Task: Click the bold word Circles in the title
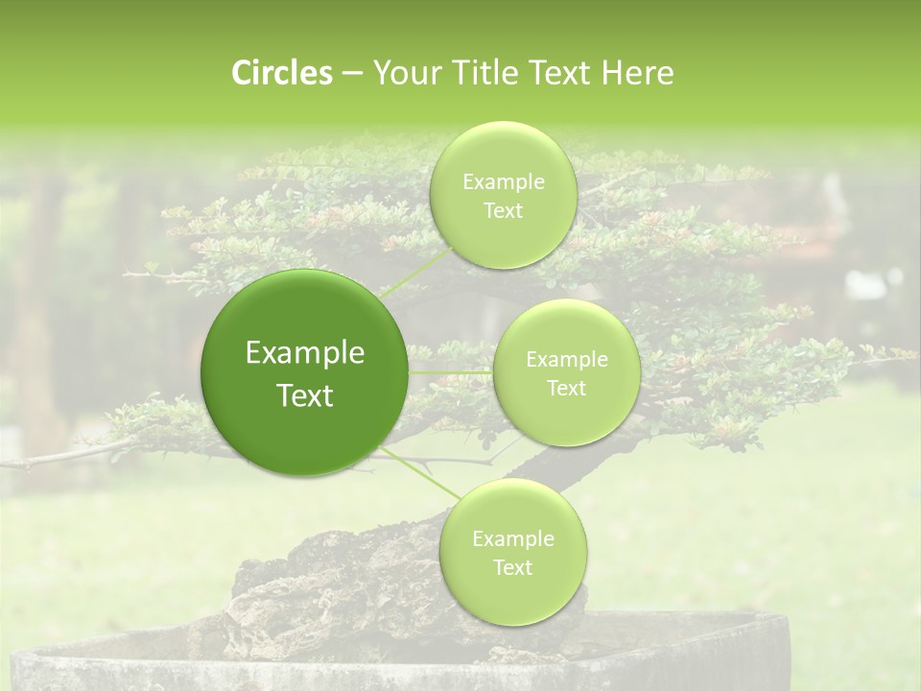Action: [x=281, y=73]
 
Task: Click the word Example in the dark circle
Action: [x=305, y=353]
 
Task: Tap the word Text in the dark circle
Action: [x=305, y=395]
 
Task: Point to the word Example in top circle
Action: [x=503, y=182]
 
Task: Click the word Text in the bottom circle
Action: [x=512, y=567]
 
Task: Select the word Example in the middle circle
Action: [x=566, y=360]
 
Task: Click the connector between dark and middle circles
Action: [x=451, y=372]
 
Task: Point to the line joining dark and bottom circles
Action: [x=422, y=476]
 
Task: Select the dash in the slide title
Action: [x=351, y=73]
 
